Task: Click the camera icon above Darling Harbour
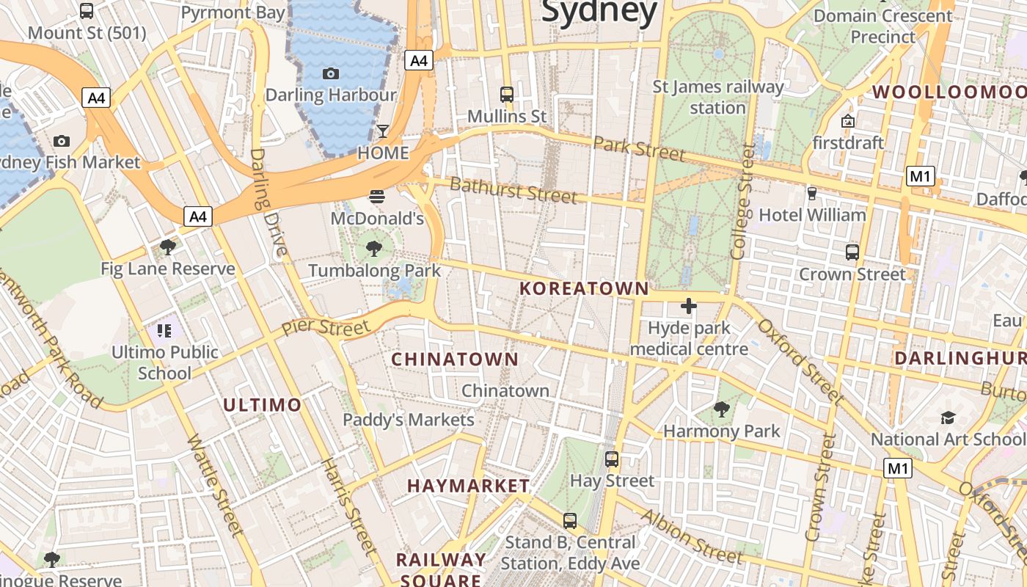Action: point(331,73)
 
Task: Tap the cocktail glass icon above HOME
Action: point(383,131)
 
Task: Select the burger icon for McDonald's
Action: point(377,196)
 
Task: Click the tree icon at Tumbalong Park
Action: point(374,248)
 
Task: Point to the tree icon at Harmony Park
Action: point(722,409)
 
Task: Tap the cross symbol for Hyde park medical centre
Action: point(689,305)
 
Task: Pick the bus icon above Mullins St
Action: point(507,94)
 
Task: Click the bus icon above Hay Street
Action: point(612,459)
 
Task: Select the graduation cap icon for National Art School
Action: point(948,418)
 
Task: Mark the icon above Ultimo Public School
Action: point(164,330)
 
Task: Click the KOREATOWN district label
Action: point(584,289)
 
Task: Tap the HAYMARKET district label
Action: point(468,486)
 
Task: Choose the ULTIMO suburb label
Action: point(262,405)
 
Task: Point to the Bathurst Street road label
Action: point(513,189)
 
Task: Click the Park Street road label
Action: point(639,148)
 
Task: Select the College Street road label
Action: point(742,201)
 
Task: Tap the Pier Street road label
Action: point(326,328)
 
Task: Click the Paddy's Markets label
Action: point(409,420)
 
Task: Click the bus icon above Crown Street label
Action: point(852,252)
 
